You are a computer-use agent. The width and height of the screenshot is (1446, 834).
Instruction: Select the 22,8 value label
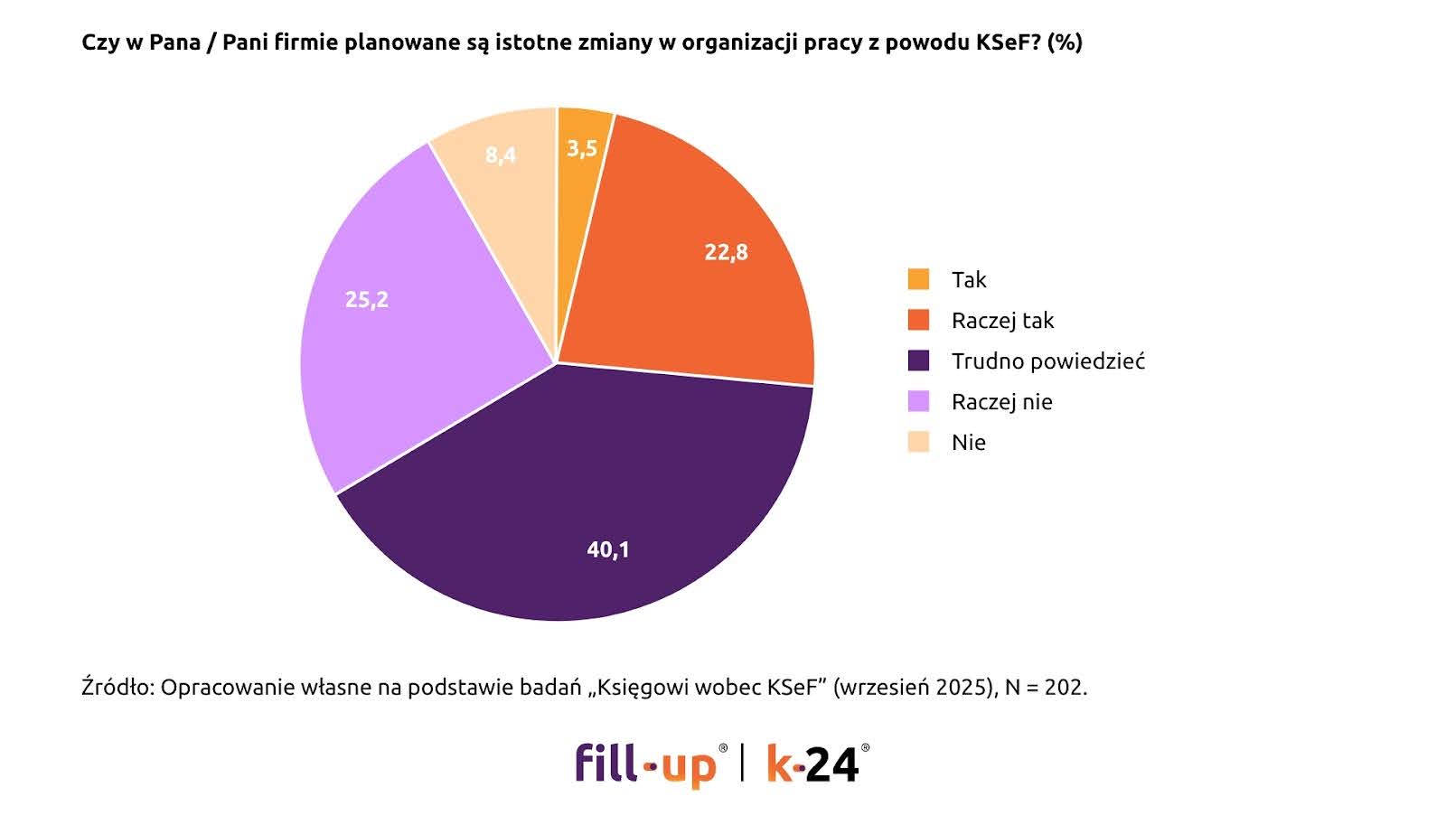[x=726, y=252]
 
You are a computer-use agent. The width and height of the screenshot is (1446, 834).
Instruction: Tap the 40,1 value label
[x=608, y=549]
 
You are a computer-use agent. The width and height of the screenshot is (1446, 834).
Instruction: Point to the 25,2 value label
[x=367, y=299]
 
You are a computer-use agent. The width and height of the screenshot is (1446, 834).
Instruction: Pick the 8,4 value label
[x=501, y=155]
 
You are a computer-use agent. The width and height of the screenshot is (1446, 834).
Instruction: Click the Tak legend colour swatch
[x=918, y=279]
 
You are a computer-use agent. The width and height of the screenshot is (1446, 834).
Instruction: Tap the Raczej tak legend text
[x=1002, y=321]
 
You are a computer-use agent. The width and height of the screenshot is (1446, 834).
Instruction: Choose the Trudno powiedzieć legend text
[x=1047, y=361]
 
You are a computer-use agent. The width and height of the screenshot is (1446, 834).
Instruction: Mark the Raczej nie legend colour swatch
[x=918, y=401]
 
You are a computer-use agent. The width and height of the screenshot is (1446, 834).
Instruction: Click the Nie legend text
[x=968, y=443]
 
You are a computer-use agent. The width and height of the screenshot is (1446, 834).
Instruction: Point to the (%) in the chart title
[x=1065, y=42]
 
